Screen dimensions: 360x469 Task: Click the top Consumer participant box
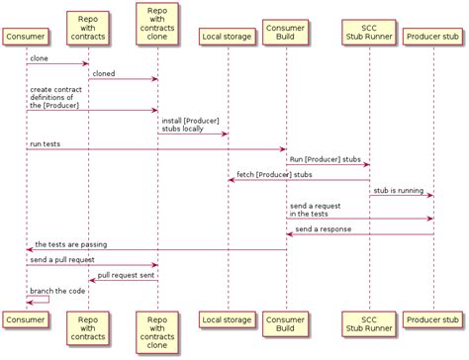click(x=26, y=37)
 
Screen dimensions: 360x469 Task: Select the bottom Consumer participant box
click(x=26, y=319)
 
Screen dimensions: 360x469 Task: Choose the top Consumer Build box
click(x=286, y=32)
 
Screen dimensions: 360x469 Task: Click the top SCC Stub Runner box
click(x=369, y=32)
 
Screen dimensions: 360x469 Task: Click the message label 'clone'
click(x=40, y=58)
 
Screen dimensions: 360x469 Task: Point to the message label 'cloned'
click(x=104, y=73)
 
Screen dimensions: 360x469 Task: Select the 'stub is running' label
click(x=398, y=189)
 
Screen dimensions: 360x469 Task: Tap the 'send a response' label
click(x=323, y=228)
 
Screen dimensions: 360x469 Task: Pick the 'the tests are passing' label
click(x=71, y=244)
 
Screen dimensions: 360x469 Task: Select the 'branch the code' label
click(x=56, y=291)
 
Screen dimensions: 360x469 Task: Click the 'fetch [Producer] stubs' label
click(x=274, y=174)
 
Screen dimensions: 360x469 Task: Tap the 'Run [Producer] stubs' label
click(x=325, y=158)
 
